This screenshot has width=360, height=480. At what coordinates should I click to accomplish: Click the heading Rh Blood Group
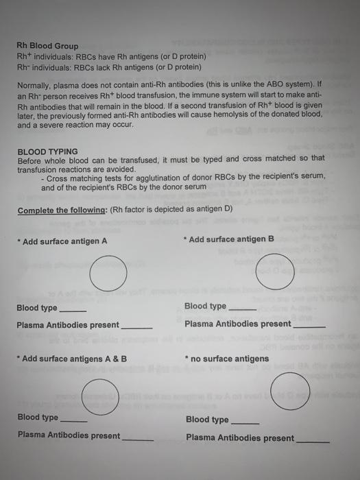(47, 46)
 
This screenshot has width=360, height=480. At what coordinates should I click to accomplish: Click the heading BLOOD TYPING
(47, 151)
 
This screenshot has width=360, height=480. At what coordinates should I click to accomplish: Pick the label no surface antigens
(229, 359)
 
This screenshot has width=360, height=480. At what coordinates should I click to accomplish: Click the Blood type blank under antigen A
(73, 311)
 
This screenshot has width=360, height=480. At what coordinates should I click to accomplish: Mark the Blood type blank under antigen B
(241, 309)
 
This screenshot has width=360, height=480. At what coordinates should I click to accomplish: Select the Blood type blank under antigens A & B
(73, 420)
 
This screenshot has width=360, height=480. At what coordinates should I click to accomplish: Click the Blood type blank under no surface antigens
(245, 422)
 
